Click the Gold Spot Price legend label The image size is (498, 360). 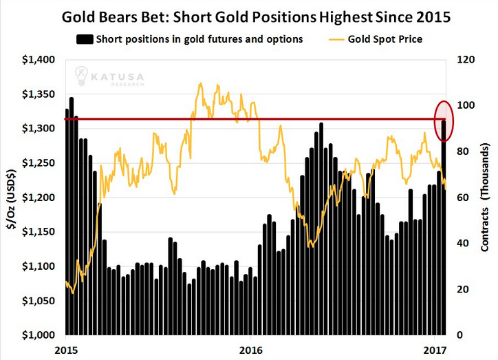(x=385, y=39)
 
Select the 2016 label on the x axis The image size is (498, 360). (x=251, y=350)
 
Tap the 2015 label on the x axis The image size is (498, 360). (x=66, y=350)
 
